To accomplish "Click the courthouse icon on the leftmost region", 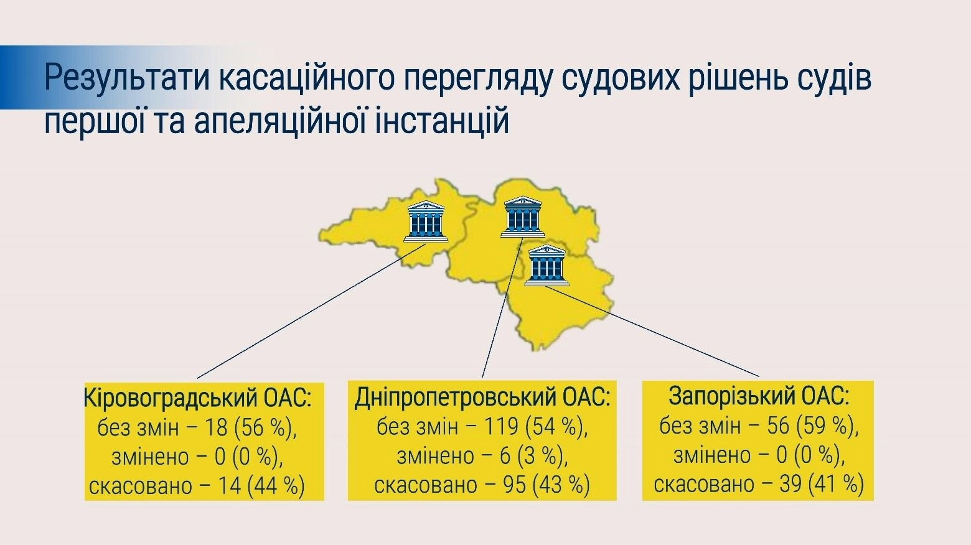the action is pos(425,221).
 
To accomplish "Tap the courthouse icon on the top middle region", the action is pos(522,217).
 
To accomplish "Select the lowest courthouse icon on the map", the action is pos(546,265).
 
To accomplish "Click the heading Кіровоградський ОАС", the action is pos(198,399).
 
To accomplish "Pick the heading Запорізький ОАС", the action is pos(759,397).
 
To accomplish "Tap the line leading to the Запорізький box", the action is pos(653,332).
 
